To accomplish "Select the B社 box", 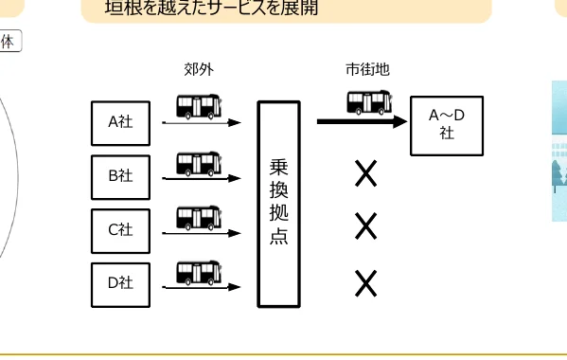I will [x=120, y=175].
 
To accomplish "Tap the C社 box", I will [x=120, y=229].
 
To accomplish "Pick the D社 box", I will [x=120, y=282].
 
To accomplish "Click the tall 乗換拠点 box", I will [x=278, y=204].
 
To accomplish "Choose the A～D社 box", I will [x=447, y=124].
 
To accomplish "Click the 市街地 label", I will [x=368, y=69].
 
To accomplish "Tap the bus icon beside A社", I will [x=200, y=105].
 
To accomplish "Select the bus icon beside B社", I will [x=200, y=162].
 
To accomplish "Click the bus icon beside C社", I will [x=200, y=218].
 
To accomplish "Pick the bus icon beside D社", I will [x=200, y=273].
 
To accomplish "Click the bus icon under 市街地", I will [x=369, y=101].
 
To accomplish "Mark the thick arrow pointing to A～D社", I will [x=360, y=121].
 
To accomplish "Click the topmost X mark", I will [x=366, y=173].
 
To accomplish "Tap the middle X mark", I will [x=366, y=226].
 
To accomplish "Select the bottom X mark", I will [x=366, y=282].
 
